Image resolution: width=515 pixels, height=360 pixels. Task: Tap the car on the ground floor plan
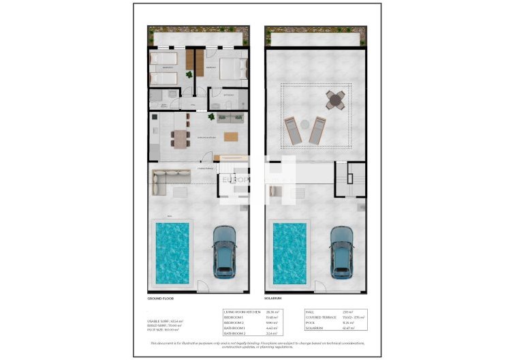[x=224, y=250]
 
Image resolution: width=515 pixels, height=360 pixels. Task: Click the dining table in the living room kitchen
[x=180, y=139]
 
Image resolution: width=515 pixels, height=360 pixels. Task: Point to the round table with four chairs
[x=335, y=101]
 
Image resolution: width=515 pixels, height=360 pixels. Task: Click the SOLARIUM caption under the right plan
[x=275, y=299]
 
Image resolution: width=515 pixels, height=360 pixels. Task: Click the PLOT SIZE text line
[x=163, y=329]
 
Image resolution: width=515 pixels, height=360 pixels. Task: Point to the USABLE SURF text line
[x=164, y=321]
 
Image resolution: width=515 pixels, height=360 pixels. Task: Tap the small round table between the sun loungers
[x=305, y=123]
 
